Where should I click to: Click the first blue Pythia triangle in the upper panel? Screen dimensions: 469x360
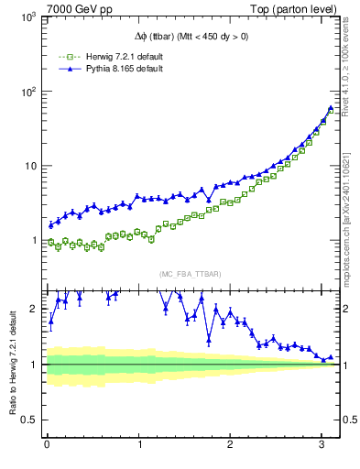pos(51,224)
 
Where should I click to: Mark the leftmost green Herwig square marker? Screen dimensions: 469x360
pos(51,242)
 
